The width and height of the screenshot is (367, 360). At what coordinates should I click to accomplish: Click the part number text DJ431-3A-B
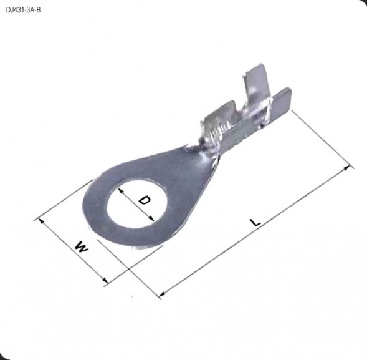point(23,9)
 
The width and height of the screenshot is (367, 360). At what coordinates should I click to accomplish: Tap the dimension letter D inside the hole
point(144,200)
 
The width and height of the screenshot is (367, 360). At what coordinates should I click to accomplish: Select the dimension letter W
point(82,247)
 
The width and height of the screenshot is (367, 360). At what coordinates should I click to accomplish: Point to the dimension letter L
point(255,223)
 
